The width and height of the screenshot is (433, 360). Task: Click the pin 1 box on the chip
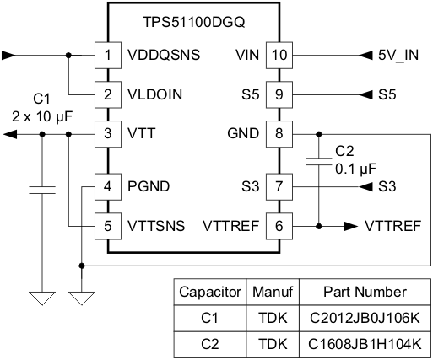[107, 56]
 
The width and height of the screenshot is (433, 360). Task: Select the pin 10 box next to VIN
[279, 56]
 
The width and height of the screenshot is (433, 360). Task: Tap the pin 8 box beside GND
[279, 133]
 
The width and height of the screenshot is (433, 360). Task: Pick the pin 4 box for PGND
[107, 186]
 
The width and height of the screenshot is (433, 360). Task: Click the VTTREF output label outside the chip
[393, 226]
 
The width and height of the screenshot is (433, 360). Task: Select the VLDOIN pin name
[155, 94]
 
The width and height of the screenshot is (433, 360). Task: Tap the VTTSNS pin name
[156, 226]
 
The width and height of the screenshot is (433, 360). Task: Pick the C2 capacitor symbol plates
[319, 163]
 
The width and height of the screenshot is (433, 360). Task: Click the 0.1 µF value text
[355, 169]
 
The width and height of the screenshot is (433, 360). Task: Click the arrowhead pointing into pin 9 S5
[365, 94]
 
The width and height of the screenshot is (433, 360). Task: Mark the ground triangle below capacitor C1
[41, 298]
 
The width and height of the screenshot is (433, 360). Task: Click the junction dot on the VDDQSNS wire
[68, 56]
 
